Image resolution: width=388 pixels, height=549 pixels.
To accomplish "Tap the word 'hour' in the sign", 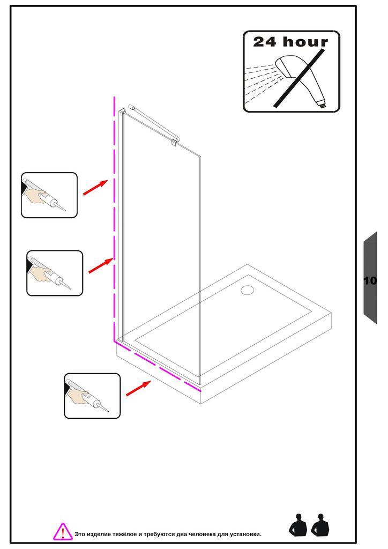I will [305, 42].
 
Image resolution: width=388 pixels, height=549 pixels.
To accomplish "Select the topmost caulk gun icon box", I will [49, 195].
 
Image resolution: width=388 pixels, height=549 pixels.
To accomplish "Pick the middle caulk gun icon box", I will [55, 273].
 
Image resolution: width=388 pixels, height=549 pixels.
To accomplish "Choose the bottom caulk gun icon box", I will [92, 396].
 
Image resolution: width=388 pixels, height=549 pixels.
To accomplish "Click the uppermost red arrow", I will [95, 188].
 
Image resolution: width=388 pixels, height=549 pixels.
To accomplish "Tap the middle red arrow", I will [100, 265].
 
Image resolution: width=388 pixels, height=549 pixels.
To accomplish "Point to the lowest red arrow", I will [138, 388].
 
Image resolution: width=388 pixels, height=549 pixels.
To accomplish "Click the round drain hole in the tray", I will [247, 290].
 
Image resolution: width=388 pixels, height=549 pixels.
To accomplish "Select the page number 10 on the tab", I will [370, 280].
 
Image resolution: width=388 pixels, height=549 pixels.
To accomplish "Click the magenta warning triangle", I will [63, 531].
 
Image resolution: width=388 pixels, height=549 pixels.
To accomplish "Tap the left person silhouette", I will [298, 525].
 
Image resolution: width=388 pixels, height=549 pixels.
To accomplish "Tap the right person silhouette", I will [320, 525].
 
